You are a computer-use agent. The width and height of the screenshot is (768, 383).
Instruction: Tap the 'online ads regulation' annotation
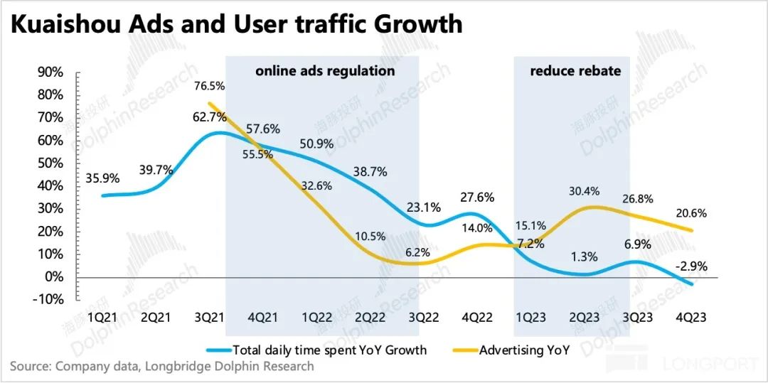pyautogui.click(x=325, y=71)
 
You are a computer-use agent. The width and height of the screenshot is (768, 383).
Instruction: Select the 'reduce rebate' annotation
pyautogui.click(x=575, y=71)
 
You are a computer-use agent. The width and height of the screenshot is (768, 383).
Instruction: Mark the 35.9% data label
pyautogui.click(x=102, y=178)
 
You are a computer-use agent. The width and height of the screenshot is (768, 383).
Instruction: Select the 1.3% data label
pyautogui.click(x=584, y=257)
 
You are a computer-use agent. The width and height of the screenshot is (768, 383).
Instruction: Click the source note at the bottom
pyautogui.click(x=161, y=367)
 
